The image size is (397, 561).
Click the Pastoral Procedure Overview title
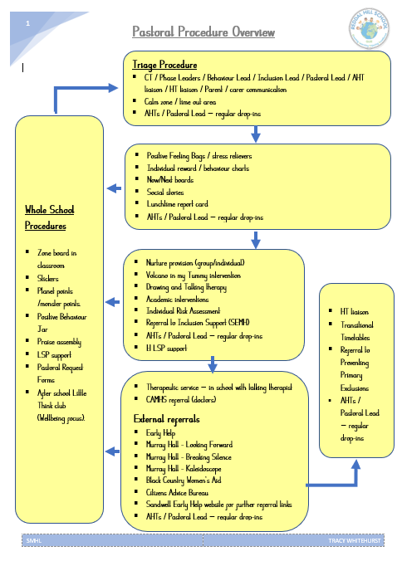tap(203, 32)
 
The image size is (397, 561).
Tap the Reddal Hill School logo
tap(369, 28)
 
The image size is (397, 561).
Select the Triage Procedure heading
tap(164, 65)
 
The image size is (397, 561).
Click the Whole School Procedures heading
tap(49, 217)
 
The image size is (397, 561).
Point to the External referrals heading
tap(166, 419)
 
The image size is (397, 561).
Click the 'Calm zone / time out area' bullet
tap(180, 101)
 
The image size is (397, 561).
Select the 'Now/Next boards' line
tap(170, 179)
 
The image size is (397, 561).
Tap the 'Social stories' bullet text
tap(165, 193)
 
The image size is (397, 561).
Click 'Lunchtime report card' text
tap(177, 204)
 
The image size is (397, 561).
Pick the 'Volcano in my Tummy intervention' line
tap(194, 276)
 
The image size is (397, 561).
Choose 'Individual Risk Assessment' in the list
tap(183, 310)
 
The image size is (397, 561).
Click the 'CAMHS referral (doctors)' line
tap(181, 399)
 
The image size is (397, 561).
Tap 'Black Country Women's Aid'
tap(184, 481)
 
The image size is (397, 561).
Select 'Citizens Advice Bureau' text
tap(177, 492)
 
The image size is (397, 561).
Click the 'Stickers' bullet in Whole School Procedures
tap(47, 278)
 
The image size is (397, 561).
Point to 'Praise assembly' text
tap(59, 342)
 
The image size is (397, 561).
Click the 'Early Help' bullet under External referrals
tap(160, 433)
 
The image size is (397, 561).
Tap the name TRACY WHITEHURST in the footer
tap(355, 540)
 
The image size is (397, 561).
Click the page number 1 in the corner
tap(27, 23)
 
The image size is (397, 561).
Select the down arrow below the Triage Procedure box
tap(255, 134)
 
